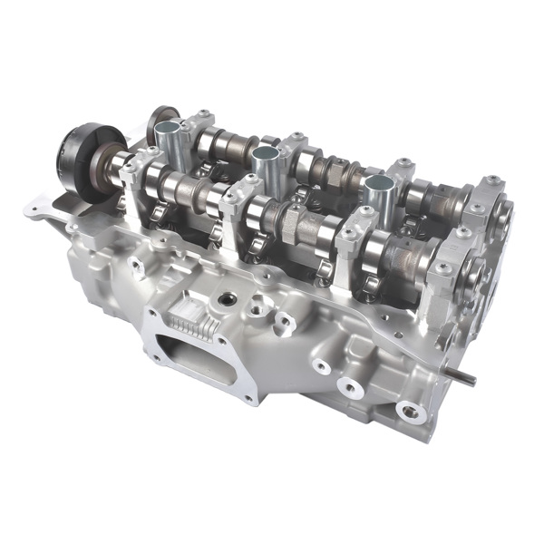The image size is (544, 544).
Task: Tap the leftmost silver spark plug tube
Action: click(170, 139)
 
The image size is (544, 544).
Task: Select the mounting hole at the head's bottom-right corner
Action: click(409, 412)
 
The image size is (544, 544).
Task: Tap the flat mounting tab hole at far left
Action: click(37, 214)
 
